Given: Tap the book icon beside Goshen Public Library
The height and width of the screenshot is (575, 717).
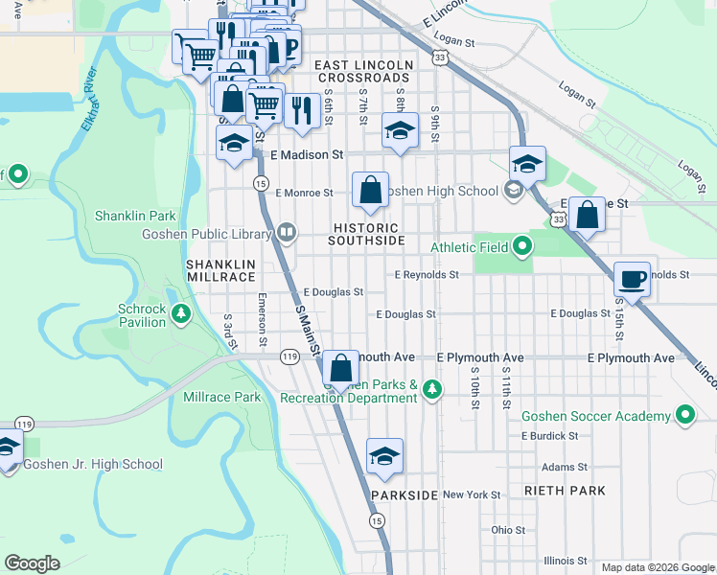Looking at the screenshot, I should click(x=286, y=233).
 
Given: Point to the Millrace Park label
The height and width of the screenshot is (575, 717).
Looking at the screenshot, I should click(x=221, y=397).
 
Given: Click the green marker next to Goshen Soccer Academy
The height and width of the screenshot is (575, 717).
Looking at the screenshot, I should click(x=684, y=416).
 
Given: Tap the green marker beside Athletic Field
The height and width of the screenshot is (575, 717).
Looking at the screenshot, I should click(x=521, y=247).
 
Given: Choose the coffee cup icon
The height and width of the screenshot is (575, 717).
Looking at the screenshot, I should click(x=632, y=280).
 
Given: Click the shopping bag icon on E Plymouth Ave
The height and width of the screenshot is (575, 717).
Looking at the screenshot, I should click(x=340, y=368).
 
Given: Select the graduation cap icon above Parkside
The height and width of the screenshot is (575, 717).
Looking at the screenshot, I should click(x=384, y=456).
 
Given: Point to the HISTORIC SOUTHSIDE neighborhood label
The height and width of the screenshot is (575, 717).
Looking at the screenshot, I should click(x=367, y=234).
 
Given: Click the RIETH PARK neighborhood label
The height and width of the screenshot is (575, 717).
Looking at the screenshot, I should click(x=565, y=491).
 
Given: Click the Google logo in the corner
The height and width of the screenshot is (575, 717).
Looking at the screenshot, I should click(x=32, y=563).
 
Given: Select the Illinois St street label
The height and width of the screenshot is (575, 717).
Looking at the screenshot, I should click(x=566, y=561).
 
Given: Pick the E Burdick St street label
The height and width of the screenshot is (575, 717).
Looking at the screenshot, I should click(x=549, y=435).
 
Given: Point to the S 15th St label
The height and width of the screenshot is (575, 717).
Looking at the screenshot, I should click(x=618, y=322).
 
